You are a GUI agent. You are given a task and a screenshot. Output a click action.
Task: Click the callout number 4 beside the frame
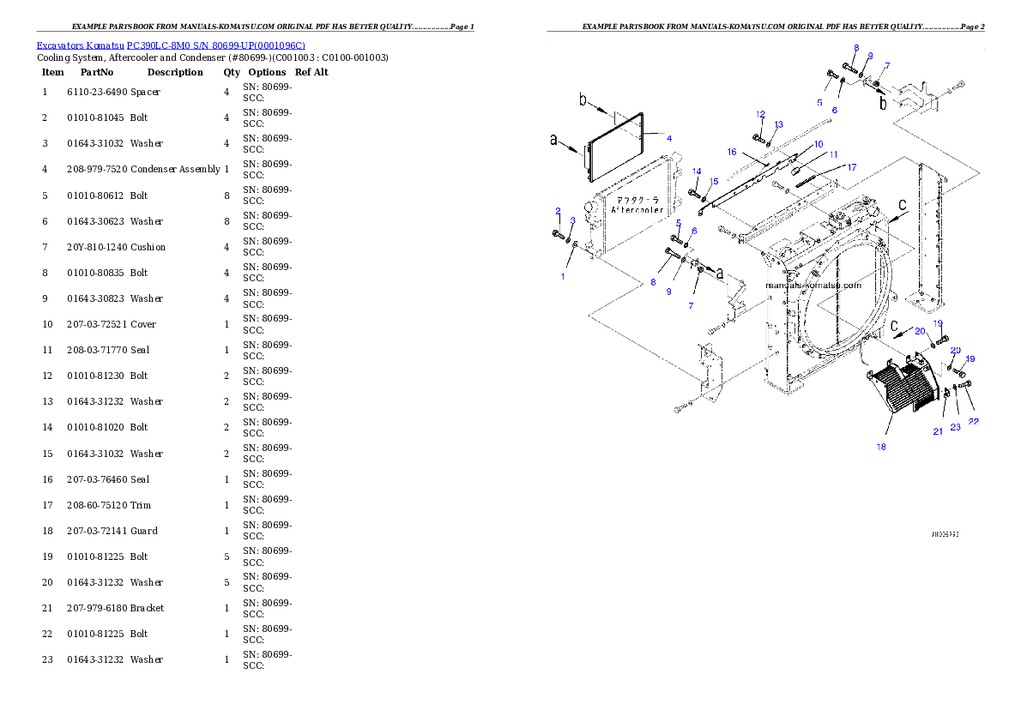(669, 138)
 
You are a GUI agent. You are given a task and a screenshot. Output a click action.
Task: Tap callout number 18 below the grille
(881, 447)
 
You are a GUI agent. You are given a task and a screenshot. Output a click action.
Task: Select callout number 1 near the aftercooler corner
(563, 276)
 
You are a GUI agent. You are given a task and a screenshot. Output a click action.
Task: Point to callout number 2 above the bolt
(558, 211)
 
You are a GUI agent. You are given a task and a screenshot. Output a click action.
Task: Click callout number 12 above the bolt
(760, 114)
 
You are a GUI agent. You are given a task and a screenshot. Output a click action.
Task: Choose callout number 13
(778, 125)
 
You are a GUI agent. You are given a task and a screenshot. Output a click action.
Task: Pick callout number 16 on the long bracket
(732, 152)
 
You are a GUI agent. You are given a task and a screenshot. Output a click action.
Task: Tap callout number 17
(851, 167)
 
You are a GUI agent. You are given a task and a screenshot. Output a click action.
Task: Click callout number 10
(819, 144)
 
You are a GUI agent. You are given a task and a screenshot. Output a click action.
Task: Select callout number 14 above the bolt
(697, 171)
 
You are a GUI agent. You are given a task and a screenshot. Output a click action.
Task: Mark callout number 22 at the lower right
(973, 421)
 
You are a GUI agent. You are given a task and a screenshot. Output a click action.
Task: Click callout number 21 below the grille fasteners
(938, 431)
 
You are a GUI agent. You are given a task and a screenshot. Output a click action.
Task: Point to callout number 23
(955, 427)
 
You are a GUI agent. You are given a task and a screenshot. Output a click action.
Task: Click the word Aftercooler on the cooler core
(637, 209)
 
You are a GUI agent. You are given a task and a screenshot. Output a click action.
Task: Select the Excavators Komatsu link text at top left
(171, 45)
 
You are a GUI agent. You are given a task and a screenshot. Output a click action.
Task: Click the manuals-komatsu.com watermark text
(812, 285)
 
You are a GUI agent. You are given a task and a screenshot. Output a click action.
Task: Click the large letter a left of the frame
(553, 141)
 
